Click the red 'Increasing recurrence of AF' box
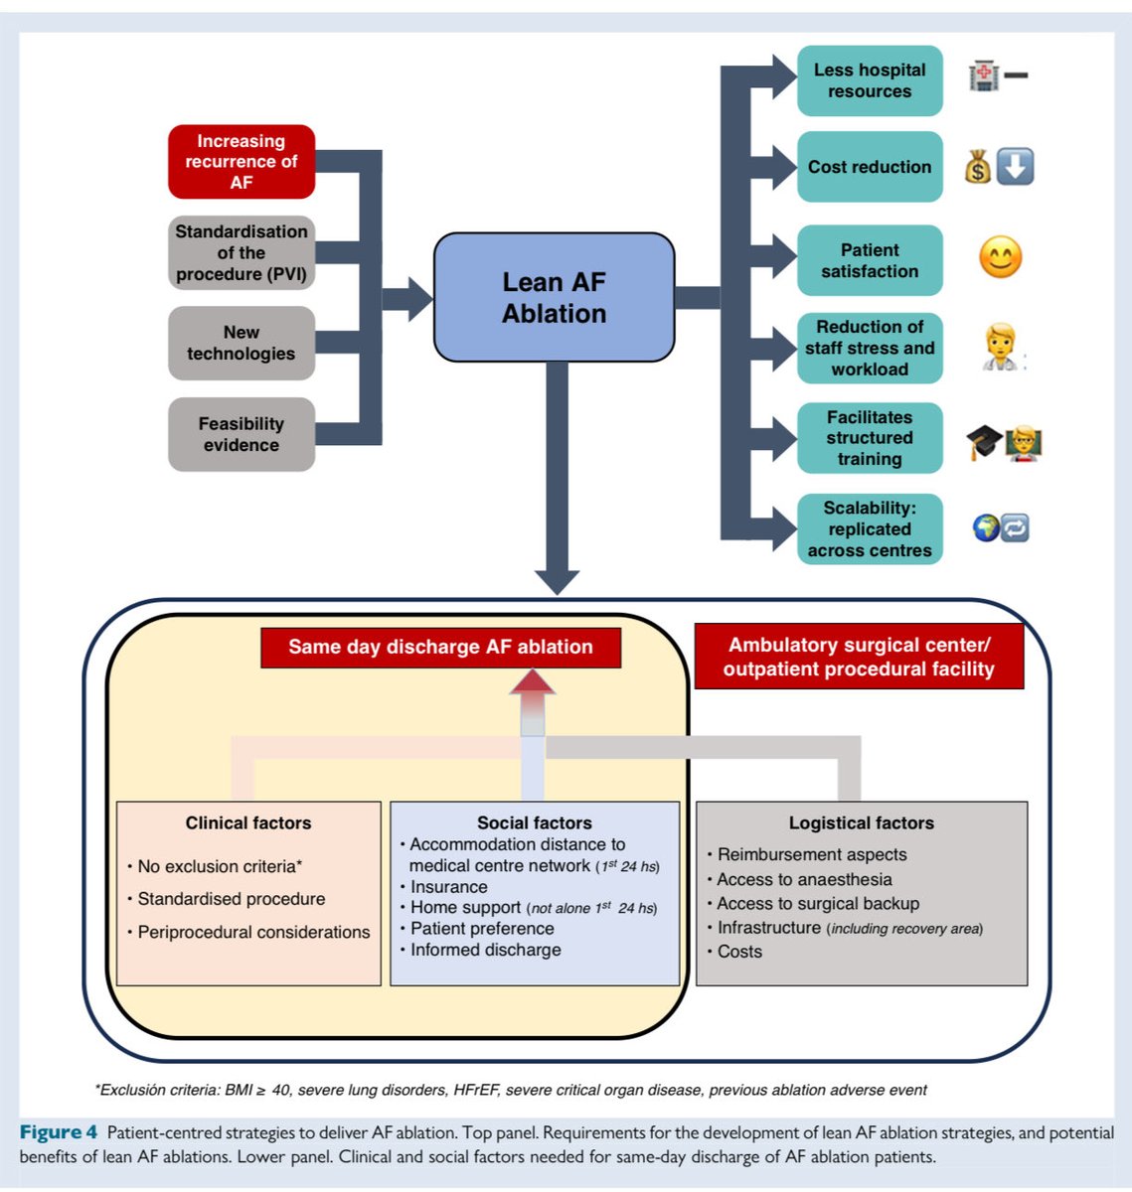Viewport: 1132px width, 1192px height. (242, 161)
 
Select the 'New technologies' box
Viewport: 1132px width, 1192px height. (242, 343)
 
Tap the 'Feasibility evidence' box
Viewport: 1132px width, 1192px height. (242, 434)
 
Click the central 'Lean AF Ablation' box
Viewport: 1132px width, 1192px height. (554, 297)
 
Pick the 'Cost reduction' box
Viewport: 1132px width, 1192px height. (870, 167)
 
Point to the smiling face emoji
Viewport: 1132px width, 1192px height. (1001, 257)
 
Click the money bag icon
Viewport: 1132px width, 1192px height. (978, 167)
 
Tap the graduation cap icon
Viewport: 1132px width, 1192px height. (983, 442)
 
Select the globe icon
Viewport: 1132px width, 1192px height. (985, 528)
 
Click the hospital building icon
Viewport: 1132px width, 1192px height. (983, 75)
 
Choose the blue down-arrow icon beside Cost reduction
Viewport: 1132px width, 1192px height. (1015, 166)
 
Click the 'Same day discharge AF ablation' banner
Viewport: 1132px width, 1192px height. (440, 647)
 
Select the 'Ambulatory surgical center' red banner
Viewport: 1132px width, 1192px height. (859, 656)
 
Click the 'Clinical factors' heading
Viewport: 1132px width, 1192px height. (248, 822)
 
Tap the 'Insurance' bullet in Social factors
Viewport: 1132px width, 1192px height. (448, 886)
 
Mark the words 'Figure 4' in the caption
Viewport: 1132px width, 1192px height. (59, 1132)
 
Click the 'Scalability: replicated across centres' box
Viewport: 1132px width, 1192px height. (870, 528)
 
